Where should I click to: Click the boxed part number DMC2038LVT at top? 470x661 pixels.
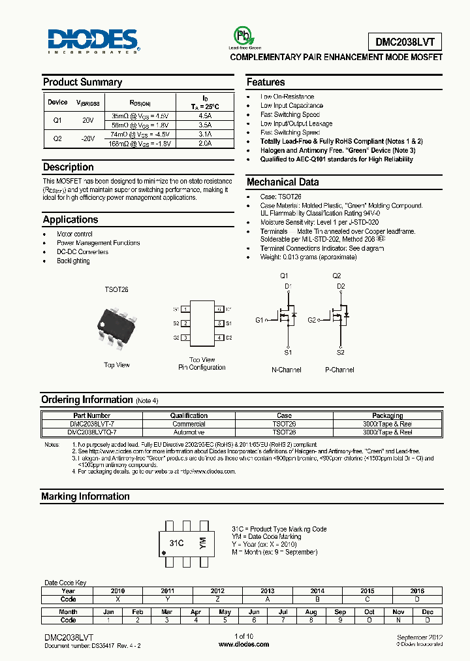(399, 42)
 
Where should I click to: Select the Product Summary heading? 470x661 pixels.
(82, 82)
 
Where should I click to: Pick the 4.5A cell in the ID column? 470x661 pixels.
(205, 115)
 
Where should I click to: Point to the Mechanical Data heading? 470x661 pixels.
(283, 182)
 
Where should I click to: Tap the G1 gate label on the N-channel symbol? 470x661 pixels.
(260, 320)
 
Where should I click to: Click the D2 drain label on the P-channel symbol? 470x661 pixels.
(341, 286)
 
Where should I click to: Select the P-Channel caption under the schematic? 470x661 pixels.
(339, 370)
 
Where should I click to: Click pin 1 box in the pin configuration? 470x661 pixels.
(186, 309)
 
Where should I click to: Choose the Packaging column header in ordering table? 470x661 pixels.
(387, 415)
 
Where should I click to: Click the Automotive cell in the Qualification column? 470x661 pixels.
(189, 432)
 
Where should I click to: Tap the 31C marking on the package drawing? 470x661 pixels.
(176, 543)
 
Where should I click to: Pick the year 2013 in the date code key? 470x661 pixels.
(268, 590)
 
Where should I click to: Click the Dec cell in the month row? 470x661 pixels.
(428, 612)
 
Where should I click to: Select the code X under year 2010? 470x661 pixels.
(118, 599)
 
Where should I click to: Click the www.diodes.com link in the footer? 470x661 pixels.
(243, 644)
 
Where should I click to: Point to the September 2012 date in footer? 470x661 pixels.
(420, 636)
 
